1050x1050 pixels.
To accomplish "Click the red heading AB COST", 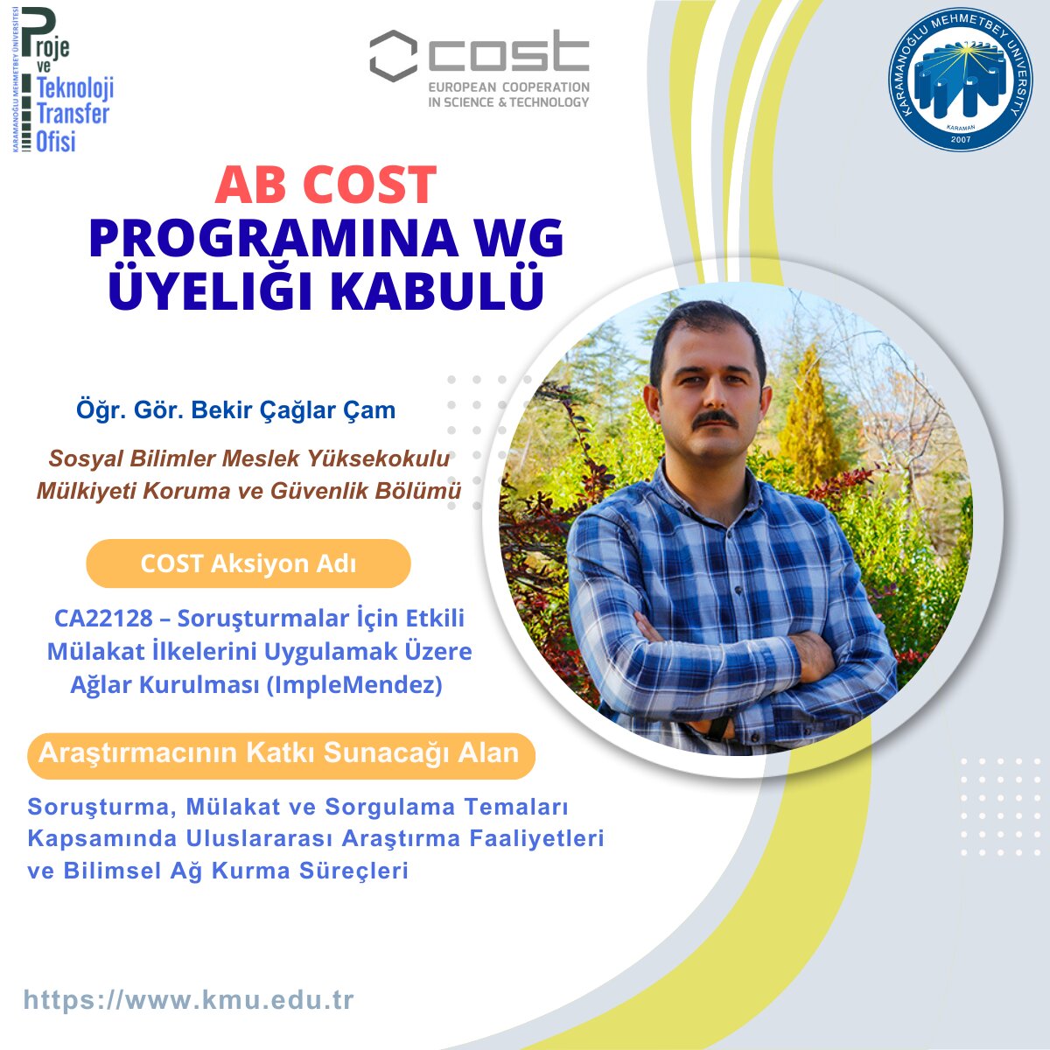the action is [325, 185].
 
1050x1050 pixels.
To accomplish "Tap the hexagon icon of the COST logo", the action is [394, 56].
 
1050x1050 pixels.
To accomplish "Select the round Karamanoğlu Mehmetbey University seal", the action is [960, 80].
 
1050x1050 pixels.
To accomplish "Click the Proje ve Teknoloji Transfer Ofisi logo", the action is [63, 80].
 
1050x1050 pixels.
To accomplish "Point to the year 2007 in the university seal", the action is [961, 139].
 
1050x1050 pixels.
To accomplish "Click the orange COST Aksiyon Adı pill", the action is [248, 563].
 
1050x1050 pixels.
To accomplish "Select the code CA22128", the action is [103, 619].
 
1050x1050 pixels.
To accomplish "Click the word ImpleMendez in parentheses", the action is [354, 685].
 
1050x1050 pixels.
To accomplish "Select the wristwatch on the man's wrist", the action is [719, 726].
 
